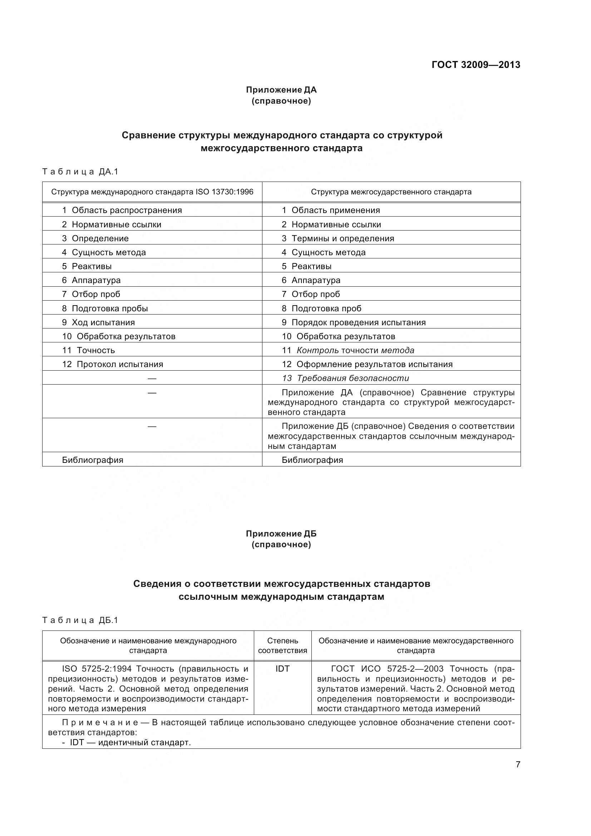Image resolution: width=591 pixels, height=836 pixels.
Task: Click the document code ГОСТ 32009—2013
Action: coord(476,65)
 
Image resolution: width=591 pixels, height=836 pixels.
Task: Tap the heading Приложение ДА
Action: coord(281,90)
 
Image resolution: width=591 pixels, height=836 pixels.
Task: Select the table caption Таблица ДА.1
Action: coord(80,172)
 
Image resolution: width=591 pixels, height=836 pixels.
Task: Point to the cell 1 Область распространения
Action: coord(122,210)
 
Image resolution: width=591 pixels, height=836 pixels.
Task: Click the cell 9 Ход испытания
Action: coord(98,322)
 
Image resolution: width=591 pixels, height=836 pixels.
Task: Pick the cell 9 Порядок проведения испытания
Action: coord(353,322)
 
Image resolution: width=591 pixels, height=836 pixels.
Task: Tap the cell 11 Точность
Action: coord(88,350)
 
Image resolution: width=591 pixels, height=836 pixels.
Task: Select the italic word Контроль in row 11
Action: coord(317,350)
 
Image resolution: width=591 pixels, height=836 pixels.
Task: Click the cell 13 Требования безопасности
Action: coord(345,378)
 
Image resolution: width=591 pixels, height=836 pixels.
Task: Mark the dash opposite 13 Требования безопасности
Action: coord(152,379)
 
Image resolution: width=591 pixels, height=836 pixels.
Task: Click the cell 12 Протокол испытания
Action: coord(113,364)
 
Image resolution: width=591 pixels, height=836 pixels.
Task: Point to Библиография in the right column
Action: coord(312,460)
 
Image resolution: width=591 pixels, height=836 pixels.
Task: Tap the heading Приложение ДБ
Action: coord(281,534)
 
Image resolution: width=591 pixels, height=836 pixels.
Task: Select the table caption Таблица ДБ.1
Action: coord(80,620)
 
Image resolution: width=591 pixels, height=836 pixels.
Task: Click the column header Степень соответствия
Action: coord(282,645)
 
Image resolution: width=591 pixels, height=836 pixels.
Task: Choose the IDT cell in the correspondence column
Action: coord(282,669)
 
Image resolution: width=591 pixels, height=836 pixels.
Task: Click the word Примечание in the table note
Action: coord(100,722)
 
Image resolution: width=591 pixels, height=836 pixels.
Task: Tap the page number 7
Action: coord(518,764)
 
